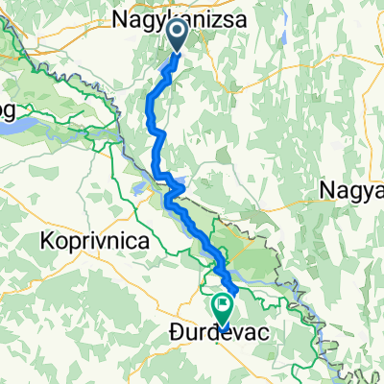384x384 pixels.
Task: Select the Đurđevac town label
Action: click(x=218, y=335)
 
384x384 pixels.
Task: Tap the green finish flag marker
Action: click(x=223, y=309)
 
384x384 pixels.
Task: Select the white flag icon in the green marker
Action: click(x=223, y=308)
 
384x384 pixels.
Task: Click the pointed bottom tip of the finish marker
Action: click(x=223, y=326)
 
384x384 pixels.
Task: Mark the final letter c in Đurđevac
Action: click(x=264, y=335)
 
